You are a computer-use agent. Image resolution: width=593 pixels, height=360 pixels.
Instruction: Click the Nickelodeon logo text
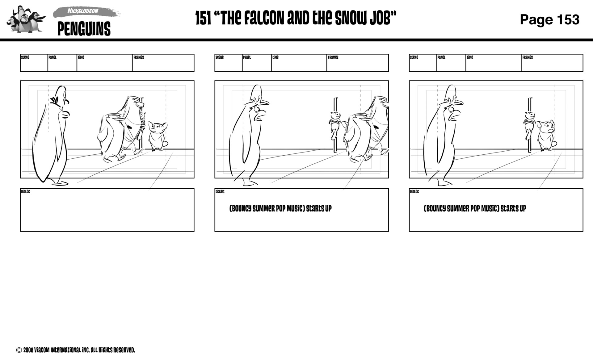pos(83,11)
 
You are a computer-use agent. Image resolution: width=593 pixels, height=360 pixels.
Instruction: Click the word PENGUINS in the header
pos(84,29)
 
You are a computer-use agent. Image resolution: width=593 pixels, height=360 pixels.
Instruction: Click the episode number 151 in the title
pos(203,19)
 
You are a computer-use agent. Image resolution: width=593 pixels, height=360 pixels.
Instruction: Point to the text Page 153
pos(549,20)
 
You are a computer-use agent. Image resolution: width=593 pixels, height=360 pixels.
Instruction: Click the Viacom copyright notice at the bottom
pos(76,350)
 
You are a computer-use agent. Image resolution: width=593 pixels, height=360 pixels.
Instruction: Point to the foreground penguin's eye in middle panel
pos(256,109)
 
